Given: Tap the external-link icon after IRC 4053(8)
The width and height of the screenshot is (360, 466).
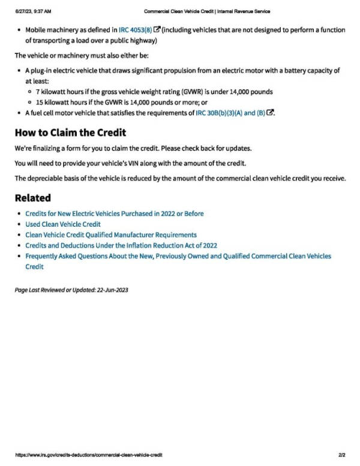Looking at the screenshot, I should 157,29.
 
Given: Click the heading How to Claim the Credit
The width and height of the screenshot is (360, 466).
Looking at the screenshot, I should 70,133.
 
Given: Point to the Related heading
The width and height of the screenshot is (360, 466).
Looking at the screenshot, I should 32,197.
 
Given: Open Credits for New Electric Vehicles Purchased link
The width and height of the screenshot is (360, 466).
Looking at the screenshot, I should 114,214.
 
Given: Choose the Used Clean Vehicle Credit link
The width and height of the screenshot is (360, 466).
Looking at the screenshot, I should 62,224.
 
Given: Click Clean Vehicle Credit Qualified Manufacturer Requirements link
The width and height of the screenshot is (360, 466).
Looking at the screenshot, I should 110,234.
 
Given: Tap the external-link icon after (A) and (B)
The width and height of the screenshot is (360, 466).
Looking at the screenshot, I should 270,113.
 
